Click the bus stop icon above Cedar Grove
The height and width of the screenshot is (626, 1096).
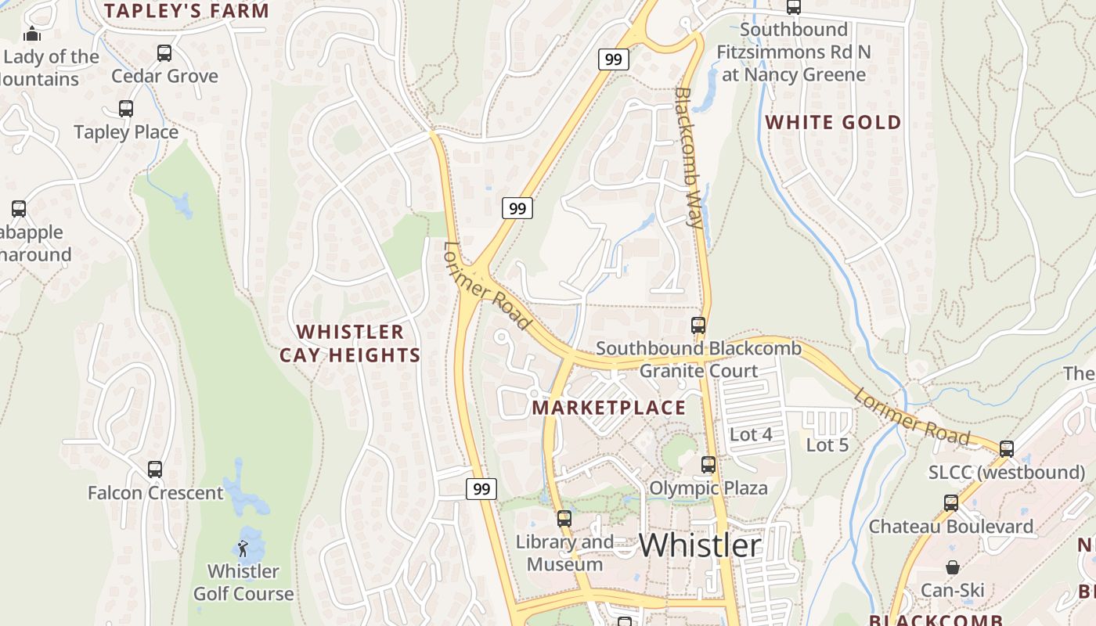(x=164, y=53)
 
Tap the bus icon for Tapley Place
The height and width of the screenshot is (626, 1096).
(x=126, y=109)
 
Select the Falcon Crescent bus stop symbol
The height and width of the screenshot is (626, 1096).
(x=155, y=469)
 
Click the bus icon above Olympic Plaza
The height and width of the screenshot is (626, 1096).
(x=708, y=465)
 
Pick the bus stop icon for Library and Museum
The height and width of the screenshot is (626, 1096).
(x=564, y=518)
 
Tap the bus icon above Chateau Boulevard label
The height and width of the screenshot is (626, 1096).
(x=951, y=503)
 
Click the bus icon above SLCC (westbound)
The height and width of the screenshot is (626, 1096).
(x=1007, y=449)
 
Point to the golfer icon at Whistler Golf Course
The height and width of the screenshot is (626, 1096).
(x=243, y=548)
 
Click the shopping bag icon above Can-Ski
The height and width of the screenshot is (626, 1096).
(x=953, y=567)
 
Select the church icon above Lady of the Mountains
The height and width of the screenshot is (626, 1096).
(x=32, y=34)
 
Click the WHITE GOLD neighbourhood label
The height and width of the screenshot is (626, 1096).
(x=833, y=122)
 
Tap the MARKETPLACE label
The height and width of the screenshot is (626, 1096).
(x=608, y=408)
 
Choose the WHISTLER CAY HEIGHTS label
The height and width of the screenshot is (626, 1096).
(x=350, y=344)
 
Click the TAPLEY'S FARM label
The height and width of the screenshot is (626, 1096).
(x=186, y=11)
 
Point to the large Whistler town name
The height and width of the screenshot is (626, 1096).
(x=700, y=545)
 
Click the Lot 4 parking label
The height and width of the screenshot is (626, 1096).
(x=751, y=434)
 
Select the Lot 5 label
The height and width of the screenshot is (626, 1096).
(x=827, y=444)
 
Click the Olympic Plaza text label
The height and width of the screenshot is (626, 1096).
(x=708, y=488)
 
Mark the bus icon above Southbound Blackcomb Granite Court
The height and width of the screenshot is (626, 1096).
(x=698, y=326)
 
